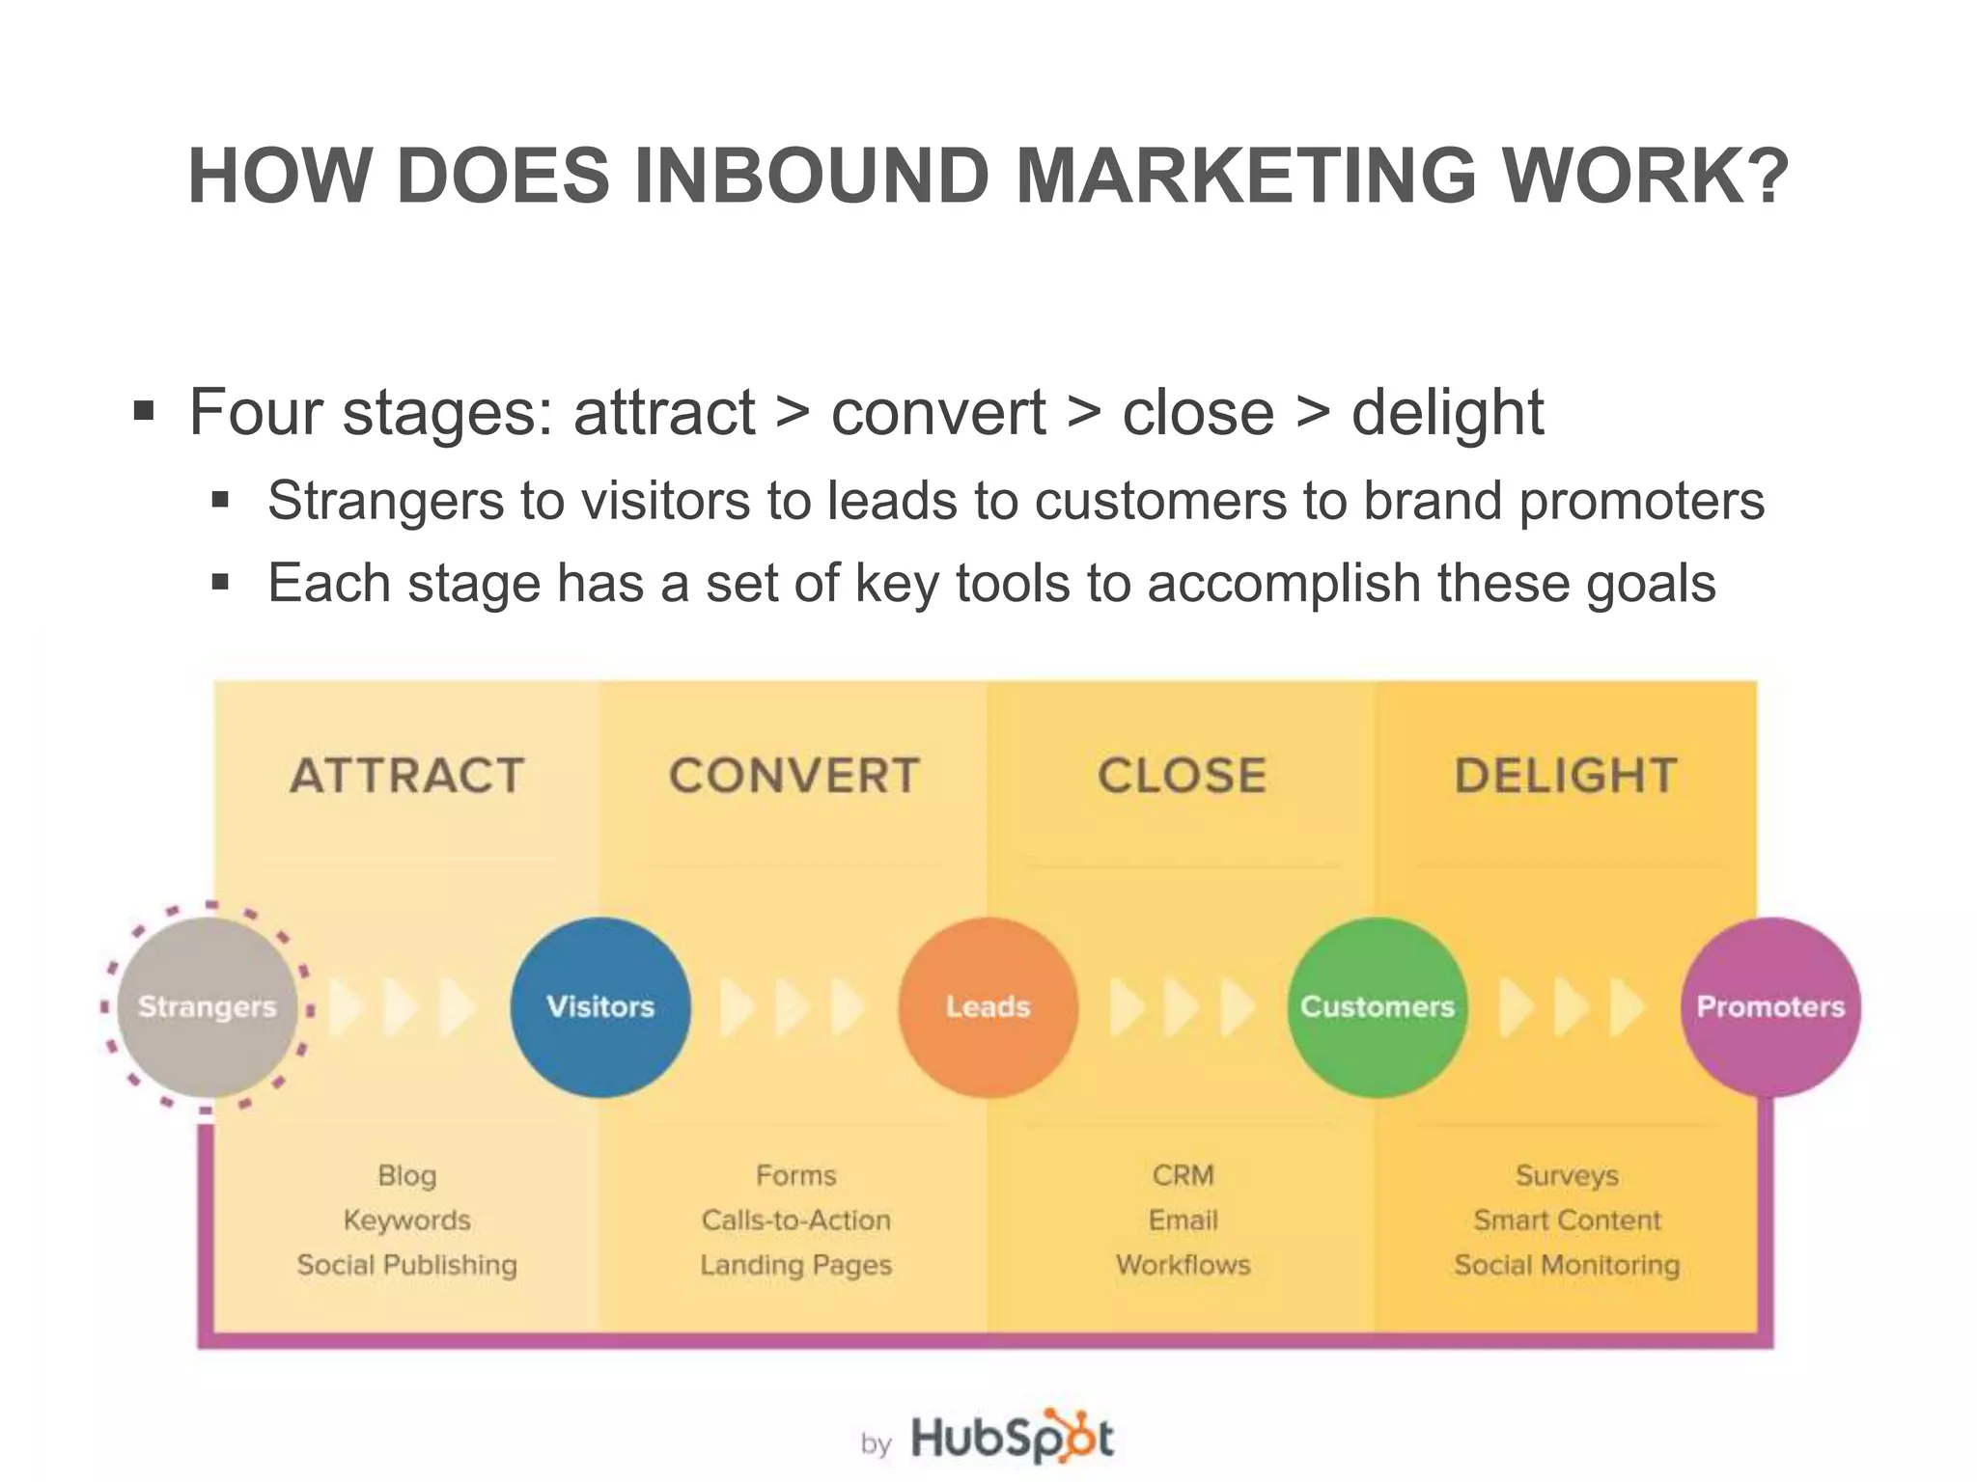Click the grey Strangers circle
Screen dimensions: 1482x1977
207,1006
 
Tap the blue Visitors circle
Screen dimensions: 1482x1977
600,1006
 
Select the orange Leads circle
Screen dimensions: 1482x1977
988,1006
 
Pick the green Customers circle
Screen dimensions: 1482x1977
1378,1006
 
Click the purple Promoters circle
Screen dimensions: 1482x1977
1770,1006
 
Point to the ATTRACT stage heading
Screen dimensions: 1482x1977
406,776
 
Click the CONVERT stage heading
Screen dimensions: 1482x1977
794,776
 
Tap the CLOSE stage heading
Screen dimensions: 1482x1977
1183,776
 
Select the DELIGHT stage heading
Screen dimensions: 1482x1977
1566,776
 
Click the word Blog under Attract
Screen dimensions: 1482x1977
406,1175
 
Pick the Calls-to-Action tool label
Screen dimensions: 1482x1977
795,1220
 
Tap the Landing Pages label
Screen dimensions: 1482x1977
795,1265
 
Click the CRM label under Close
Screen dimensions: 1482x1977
1183,1175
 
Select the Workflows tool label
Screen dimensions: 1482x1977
1183,1265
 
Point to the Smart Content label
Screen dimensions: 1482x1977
1567,1220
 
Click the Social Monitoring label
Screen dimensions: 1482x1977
1567,1265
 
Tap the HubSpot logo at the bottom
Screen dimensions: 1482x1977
1011,1438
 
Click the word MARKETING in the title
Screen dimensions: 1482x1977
1245,177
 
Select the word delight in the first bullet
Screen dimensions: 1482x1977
1446,413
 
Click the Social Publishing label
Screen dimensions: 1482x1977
406,1265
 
